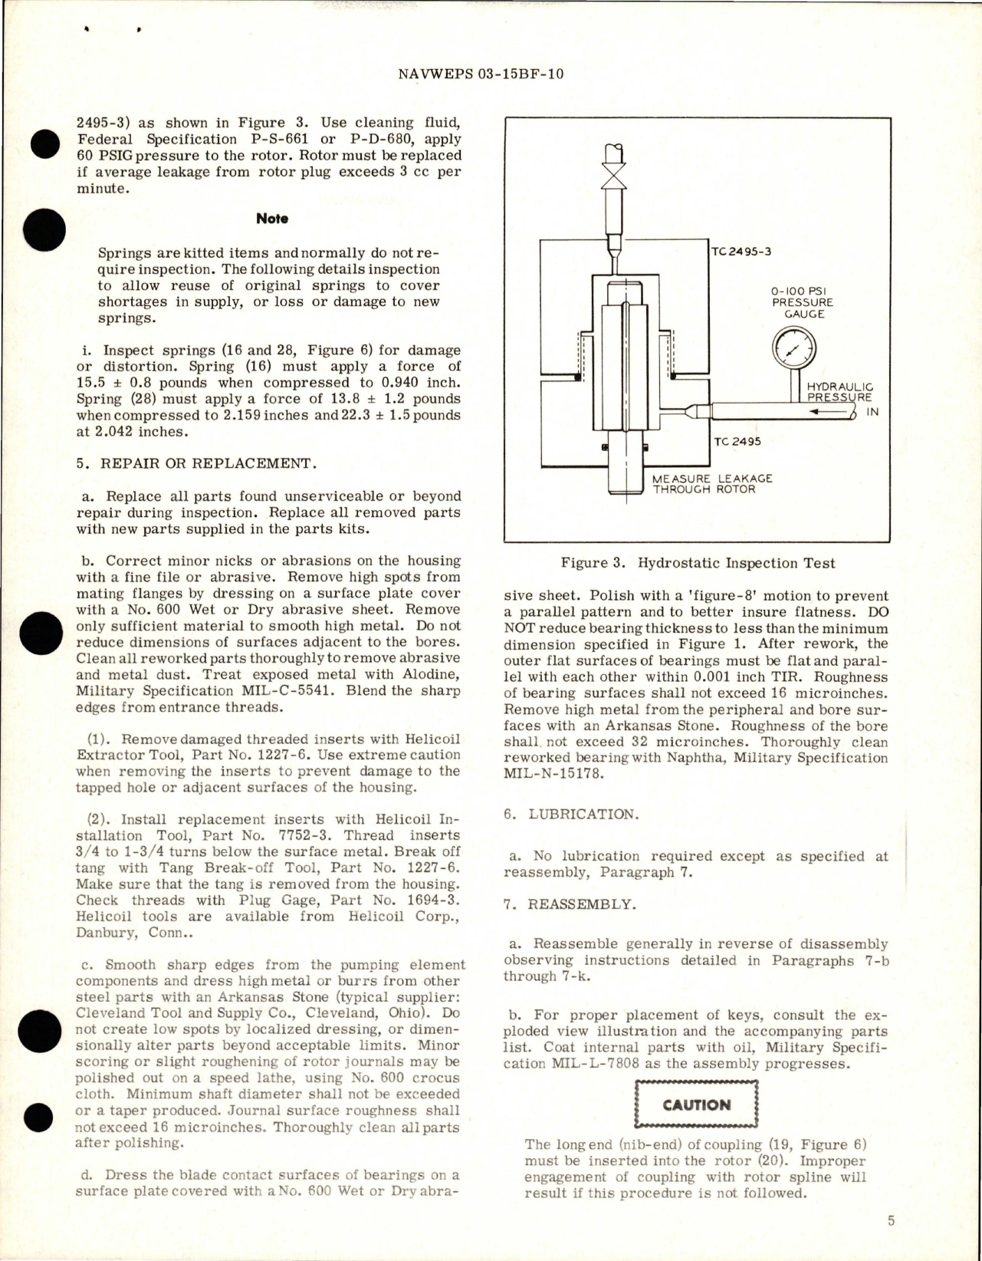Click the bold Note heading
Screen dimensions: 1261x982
pyautogui.click(x=272, y=219)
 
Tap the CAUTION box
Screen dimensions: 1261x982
pyautogui.click(x=696, y=1105)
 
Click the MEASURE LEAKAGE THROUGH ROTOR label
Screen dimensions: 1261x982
pyautogui.click(x=711, y=483)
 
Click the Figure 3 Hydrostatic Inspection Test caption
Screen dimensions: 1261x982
pyautogui.click(x=697, y=563)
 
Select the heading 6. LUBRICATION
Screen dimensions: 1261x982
pyautogui.click(x=571, y=815)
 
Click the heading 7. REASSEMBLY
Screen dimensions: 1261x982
pyautogui.click(x=570, y=904)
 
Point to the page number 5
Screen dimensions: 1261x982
pyautogui.click(x=891, y=1221)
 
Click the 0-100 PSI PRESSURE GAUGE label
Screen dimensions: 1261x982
pyautogui.click(x=802, y=302)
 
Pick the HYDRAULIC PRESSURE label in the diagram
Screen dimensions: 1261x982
pyautogui.click(x=839, y=393)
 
